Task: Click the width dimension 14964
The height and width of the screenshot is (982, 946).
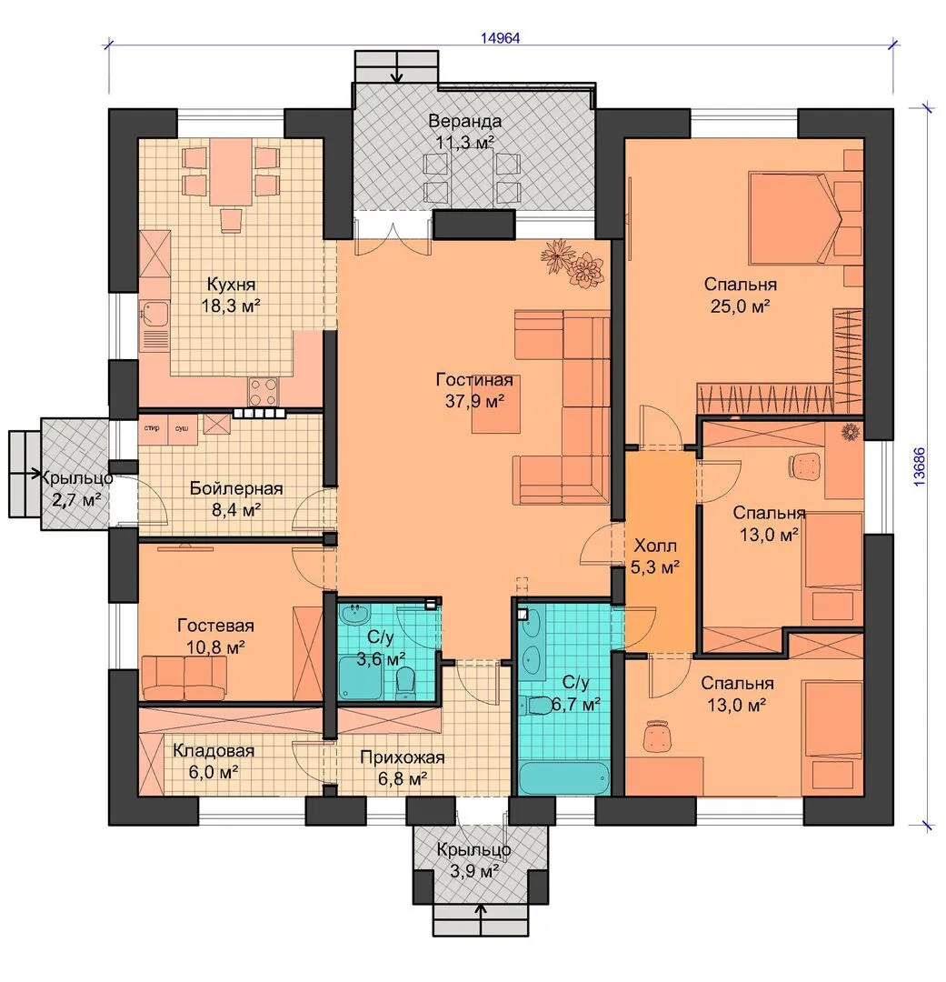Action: click(x=500, y=37)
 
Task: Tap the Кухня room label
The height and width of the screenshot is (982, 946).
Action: click(x=231, y=285)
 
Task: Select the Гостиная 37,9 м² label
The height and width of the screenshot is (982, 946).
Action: click(x=474, y=390)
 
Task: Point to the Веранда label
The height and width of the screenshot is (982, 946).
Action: click(x=464, y=120)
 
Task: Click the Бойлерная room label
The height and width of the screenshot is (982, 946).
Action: click(x=236, y=488)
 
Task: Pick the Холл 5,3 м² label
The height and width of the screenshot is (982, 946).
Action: click(x=655, y=556)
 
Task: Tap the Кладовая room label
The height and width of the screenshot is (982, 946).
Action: click(x=214, y=750)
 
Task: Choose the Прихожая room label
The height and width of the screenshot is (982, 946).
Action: click(x=402, y=757)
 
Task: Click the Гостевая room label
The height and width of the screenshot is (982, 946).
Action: click(x=215, y=625)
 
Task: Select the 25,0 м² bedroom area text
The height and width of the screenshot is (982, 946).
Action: click(x=740, y=306)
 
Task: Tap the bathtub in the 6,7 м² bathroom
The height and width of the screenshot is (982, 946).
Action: click(x=564, y=777)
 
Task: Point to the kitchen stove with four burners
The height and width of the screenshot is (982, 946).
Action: click(x=263, y=392)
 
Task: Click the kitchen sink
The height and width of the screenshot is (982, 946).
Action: click(x=154, y=315)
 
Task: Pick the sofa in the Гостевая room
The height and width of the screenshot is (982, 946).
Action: click(x=184, y=677)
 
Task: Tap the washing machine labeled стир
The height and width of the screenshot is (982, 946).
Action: click(x=153, y=428)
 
